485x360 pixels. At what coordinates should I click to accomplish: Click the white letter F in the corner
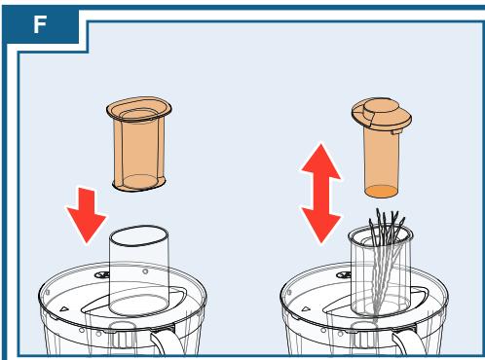pos(40,24)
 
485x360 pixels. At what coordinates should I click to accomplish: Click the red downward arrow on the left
pos(87,215)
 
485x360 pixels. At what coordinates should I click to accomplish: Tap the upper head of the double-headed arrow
pos(320,162)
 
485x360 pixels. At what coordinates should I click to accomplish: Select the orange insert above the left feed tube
pos(139,143)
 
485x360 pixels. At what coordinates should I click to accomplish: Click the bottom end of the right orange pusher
pos(381,191)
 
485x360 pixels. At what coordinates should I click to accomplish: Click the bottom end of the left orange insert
pos(139,183)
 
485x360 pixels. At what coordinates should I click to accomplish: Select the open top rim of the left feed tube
pos(138,235)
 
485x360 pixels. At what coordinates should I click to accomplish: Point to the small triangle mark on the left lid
pos(64,308)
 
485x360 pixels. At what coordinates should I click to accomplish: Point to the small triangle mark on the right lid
pos(306,308)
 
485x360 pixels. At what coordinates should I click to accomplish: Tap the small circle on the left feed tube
pos(145,271)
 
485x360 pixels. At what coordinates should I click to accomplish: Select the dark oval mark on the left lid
pos(102,275)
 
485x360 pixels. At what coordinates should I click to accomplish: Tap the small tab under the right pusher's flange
pos(396,132)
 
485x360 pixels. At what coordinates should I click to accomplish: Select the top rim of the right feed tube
pos(381,234)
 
